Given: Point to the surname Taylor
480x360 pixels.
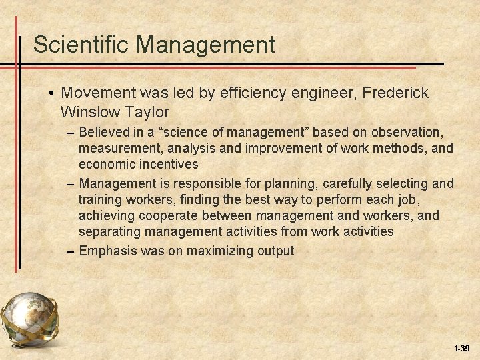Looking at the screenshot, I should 148,111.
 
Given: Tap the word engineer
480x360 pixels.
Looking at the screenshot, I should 313,93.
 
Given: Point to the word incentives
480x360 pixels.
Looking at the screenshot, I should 175,164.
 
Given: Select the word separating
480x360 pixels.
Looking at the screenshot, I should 108,231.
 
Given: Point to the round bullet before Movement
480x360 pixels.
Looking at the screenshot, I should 51,93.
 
